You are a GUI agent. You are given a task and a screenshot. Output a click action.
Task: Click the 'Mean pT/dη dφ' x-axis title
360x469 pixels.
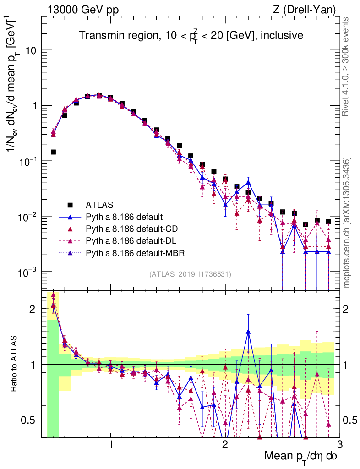(301, 457)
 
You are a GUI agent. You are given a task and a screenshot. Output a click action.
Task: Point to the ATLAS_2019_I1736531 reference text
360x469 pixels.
(190, 274)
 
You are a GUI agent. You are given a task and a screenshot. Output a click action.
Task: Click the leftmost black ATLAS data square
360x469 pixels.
(53, 152)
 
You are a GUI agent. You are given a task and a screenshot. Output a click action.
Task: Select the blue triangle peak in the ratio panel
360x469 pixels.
(248, 332)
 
